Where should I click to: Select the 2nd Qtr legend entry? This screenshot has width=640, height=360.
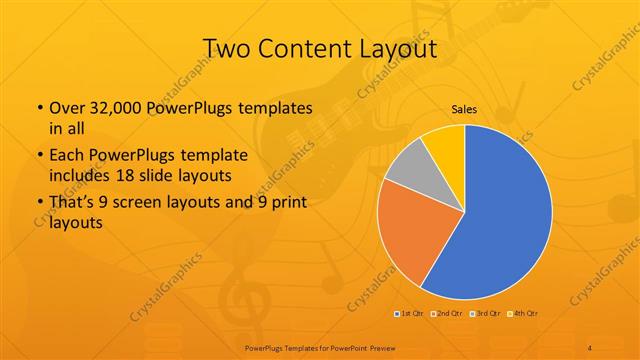tap(445, 314)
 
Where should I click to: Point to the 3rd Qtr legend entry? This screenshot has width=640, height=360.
tap(483, 314)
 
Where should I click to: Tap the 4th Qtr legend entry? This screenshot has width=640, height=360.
tap(522, 314)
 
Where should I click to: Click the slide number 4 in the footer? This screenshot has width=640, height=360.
tap(590, 347)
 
